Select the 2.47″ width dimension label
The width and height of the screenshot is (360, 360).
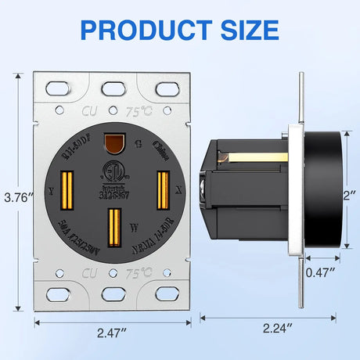tap(113, 333)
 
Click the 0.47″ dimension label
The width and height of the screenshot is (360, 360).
tap(319, 272)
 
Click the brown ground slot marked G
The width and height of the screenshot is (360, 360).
tap(116, 142)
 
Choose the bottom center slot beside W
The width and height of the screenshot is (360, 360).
tap(116, 226)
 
